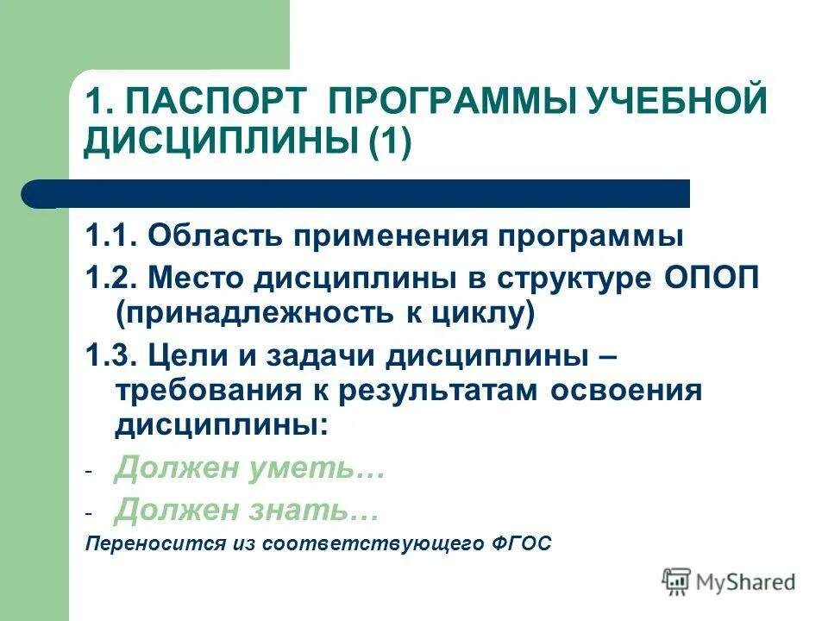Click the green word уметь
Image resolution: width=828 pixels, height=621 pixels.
(x=311, y=470)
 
